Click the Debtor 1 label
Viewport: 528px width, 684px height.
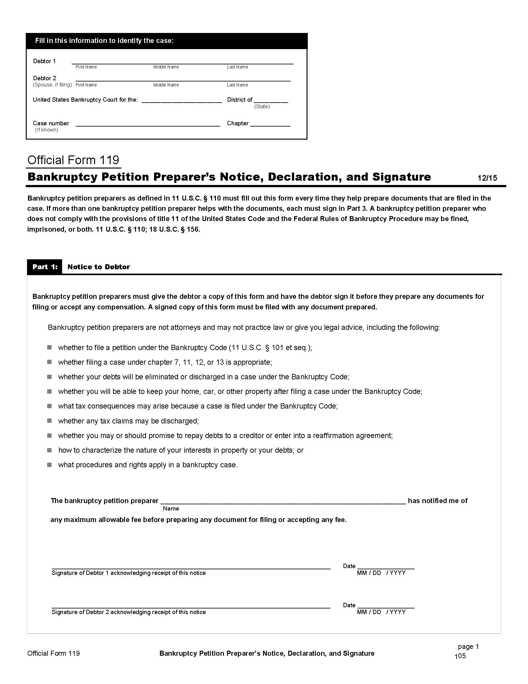click(x=44, y=61)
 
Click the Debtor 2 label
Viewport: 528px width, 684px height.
click(x=44, y=78)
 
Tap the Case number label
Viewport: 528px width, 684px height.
click(x=51, y=123)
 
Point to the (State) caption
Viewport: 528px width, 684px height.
click(x=262, y=106)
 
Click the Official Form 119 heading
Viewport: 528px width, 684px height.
click(x=73, y=160)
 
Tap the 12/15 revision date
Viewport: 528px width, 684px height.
click(x=487, y=178)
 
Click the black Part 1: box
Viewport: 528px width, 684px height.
click(x=45, y=267)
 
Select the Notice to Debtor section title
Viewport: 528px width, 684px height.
click(x=98, y=267)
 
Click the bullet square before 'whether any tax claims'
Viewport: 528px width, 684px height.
click(x=49, y=421)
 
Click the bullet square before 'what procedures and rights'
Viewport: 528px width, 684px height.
click(x=49, y=464)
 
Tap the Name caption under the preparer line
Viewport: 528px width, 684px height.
click(x=171, y=508)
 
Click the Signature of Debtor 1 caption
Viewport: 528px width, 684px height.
click(x=129, y=573)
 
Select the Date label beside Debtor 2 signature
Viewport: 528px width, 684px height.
click(x=349, y=605)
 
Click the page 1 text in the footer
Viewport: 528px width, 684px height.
click(x=468, y=646)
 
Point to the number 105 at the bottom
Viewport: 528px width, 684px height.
click(x=460, y=656)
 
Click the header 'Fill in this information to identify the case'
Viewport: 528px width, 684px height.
click(x=104, y=41)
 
